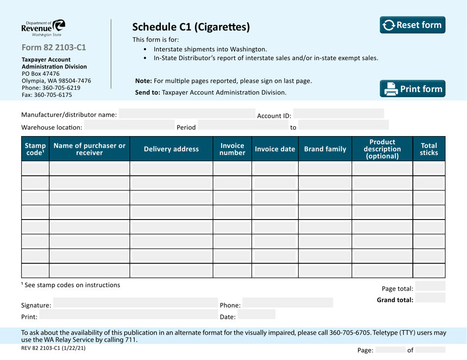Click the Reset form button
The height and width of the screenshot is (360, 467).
click(x=412, y=25)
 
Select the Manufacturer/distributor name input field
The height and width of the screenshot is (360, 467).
click(x=187, y=114)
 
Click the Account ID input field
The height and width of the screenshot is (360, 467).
click(x=339, y=114)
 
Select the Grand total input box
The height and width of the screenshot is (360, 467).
click(x=430, y=298)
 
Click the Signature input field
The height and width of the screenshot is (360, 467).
click(x=133, y=305)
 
